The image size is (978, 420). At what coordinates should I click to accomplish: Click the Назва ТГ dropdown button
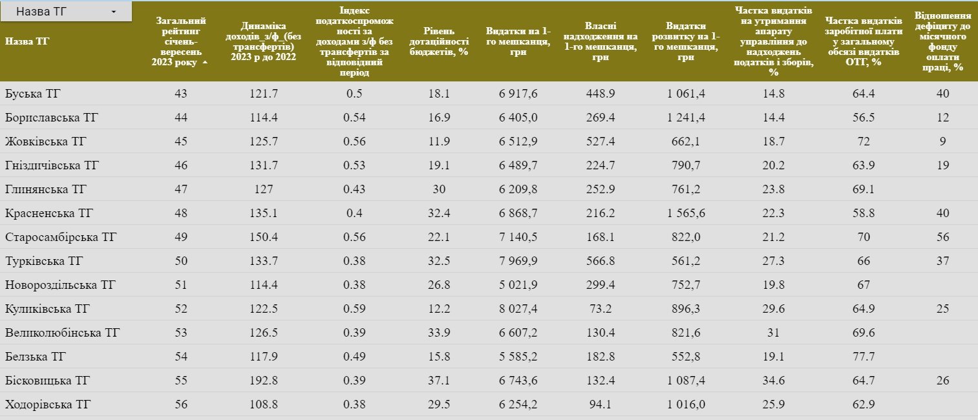pyautogui.click(x=67, y=12)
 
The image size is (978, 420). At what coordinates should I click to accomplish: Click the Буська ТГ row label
pyautogui.click(x=32, y=94)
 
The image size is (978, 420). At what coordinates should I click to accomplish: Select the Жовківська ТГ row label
pyautogui.click(x=46, y=142)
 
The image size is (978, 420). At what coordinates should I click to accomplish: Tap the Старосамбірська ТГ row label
pyautogui.click(x=61, y=237)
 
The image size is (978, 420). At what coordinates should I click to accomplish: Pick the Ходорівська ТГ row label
pyautogui.click(x=48, y=405)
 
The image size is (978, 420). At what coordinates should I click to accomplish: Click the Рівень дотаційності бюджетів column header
pyautogui.click(x=438, y=41)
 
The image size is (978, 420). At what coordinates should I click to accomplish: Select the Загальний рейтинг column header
pyautogui.click(x=180, y=41)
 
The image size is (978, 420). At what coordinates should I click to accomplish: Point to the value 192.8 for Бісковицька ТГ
pyautogui.click(x=263, y=381)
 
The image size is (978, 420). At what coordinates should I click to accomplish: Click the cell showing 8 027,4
pyautogui.click(x=518, y=309)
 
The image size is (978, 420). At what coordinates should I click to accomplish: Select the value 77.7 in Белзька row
pyautogui.click(x=863, y=357)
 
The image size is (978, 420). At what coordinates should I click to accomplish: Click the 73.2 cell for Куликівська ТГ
pyautogui.click(x=600, y=309)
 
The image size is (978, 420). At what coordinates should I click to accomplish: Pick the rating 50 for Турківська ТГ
pyautogui.click(x=180, y=261)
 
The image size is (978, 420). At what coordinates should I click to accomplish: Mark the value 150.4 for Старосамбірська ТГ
pyautogui.click(x=263, y=237)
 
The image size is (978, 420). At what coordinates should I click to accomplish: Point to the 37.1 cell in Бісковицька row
pyautogui.click(x=438, y=381)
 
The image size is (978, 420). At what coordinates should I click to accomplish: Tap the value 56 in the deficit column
pyautogui.click(x=942, y=237)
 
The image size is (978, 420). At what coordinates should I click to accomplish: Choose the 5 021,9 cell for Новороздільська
pyautogui.click(x=518, y=285)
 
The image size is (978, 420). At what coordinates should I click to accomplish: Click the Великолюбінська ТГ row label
pyautogui.click(x=62, y=333)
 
